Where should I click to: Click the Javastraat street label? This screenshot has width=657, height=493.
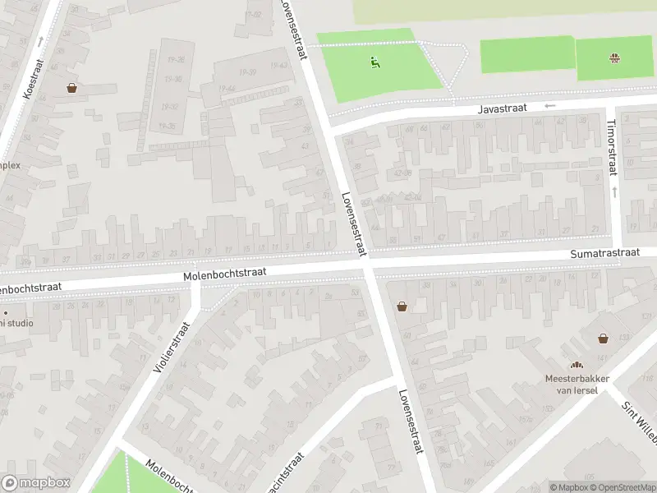[x=500, y=108]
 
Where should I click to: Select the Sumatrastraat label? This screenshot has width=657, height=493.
[x=604, y=254]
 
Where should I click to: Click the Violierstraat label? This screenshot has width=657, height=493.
[x=172, y=348]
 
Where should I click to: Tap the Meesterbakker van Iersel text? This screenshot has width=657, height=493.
[x=577, y=384]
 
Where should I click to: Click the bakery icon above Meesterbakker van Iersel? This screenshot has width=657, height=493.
[x=577, y=366]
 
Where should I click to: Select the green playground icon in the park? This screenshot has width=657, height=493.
[x=374, y=60]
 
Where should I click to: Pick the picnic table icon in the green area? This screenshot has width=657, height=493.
[x=614, y=58]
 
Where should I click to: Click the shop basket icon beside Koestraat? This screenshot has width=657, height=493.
[x=72, y=88]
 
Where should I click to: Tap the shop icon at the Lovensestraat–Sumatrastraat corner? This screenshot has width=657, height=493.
[x=402, y=306]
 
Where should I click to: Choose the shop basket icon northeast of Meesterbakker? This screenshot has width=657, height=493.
[x=603, y=338]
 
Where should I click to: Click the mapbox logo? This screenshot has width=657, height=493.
[x=36, y=483]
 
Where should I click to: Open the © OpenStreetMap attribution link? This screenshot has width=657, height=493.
[x=623, y=487]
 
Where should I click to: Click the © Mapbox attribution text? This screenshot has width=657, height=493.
[x=570, y=487]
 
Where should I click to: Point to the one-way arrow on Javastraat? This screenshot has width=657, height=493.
[x=550, y=105]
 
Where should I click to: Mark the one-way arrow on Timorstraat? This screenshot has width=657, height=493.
[x=613, y=191]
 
